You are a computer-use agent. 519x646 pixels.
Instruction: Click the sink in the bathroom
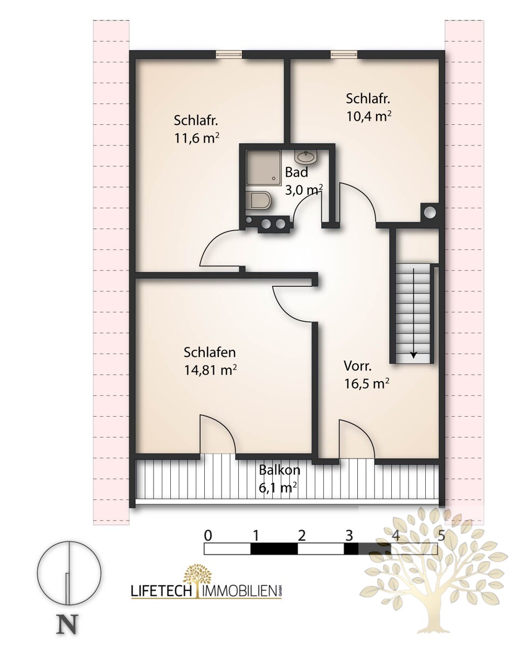click(x=306, y=157)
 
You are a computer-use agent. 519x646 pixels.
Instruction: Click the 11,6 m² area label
click(x=197, y=138)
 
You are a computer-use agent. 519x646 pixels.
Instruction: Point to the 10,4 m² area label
click(x=369, y=116)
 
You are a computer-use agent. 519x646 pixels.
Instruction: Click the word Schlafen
click(x=210, y=353)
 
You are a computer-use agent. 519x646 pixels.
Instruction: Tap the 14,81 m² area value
click(x=210, y=370)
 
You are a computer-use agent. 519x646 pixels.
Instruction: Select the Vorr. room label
click(x=358, y=366)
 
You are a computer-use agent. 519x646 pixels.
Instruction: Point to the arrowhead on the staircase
click(x=414, y=355)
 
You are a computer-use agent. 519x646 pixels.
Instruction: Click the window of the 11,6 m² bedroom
click(x=229, y=54)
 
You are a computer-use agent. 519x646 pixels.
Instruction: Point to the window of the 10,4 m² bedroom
click(x=344, y=54)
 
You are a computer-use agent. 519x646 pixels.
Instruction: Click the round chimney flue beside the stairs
click(x=430, y=213)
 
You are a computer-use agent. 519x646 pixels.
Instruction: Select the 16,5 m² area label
click(x=366, y=384)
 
